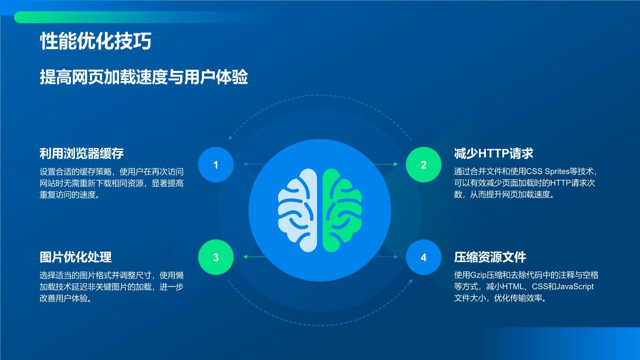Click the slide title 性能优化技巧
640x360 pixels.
click(x=95, y=42)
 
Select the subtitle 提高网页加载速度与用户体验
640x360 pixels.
click(x=144, y=77)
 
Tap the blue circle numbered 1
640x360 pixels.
click(x=215, y=164)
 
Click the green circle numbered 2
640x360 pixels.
click(x=423, y=164)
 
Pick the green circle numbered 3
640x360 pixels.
click(x=215, y=257)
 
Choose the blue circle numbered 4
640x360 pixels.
click(x=423, y=257)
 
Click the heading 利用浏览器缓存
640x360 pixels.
click(x=81, y=153)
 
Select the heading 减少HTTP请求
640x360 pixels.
click(x=493, y=153)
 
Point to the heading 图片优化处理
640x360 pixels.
click(x=75, y=257)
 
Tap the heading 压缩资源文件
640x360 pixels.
click(x=489, y=257)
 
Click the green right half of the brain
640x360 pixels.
click(x=341, y=210)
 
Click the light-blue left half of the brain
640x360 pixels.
click(x=298, y=210)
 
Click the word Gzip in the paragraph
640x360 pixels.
click(x=478, y=275)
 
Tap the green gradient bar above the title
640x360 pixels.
click(x=100, y=17)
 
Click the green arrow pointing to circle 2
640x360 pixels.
click(x=385, y=164)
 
